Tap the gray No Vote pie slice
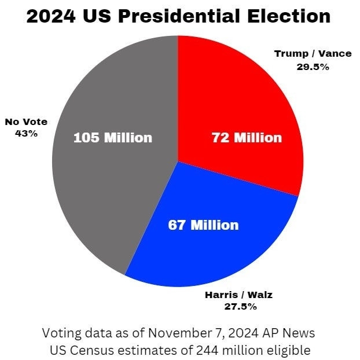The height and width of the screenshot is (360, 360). pos(104,191)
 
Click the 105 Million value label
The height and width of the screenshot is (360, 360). pos(113,138)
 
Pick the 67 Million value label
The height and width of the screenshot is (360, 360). pos(203,225)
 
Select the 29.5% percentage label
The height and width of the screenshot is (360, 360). pos(313,67)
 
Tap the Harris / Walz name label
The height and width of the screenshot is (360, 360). pos(238,295)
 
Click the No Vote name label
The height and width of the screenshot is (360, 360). pos(26,122)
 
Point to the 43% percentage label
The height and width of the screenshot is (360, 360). pos(26,133)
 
